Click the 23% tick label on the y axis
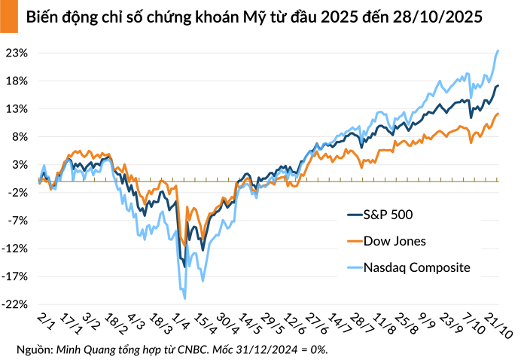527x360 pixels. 18,53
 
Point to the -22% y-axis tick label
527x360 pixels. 17,304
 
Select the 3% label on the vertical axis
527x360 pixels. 20,165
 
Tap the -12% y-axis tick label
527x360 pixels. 17,249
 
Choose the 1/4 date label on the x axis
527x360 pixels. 180,319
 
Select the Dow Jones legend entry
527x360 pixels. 394,241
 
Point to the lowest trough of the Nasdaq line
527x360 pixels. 184,298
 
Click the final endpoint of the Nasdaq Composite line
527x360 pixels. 498,51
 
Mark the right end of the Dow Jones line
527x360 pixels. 498,114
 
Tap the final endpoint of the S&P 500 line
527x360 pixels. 498,86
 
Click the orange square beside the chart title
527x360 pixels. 8,16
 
